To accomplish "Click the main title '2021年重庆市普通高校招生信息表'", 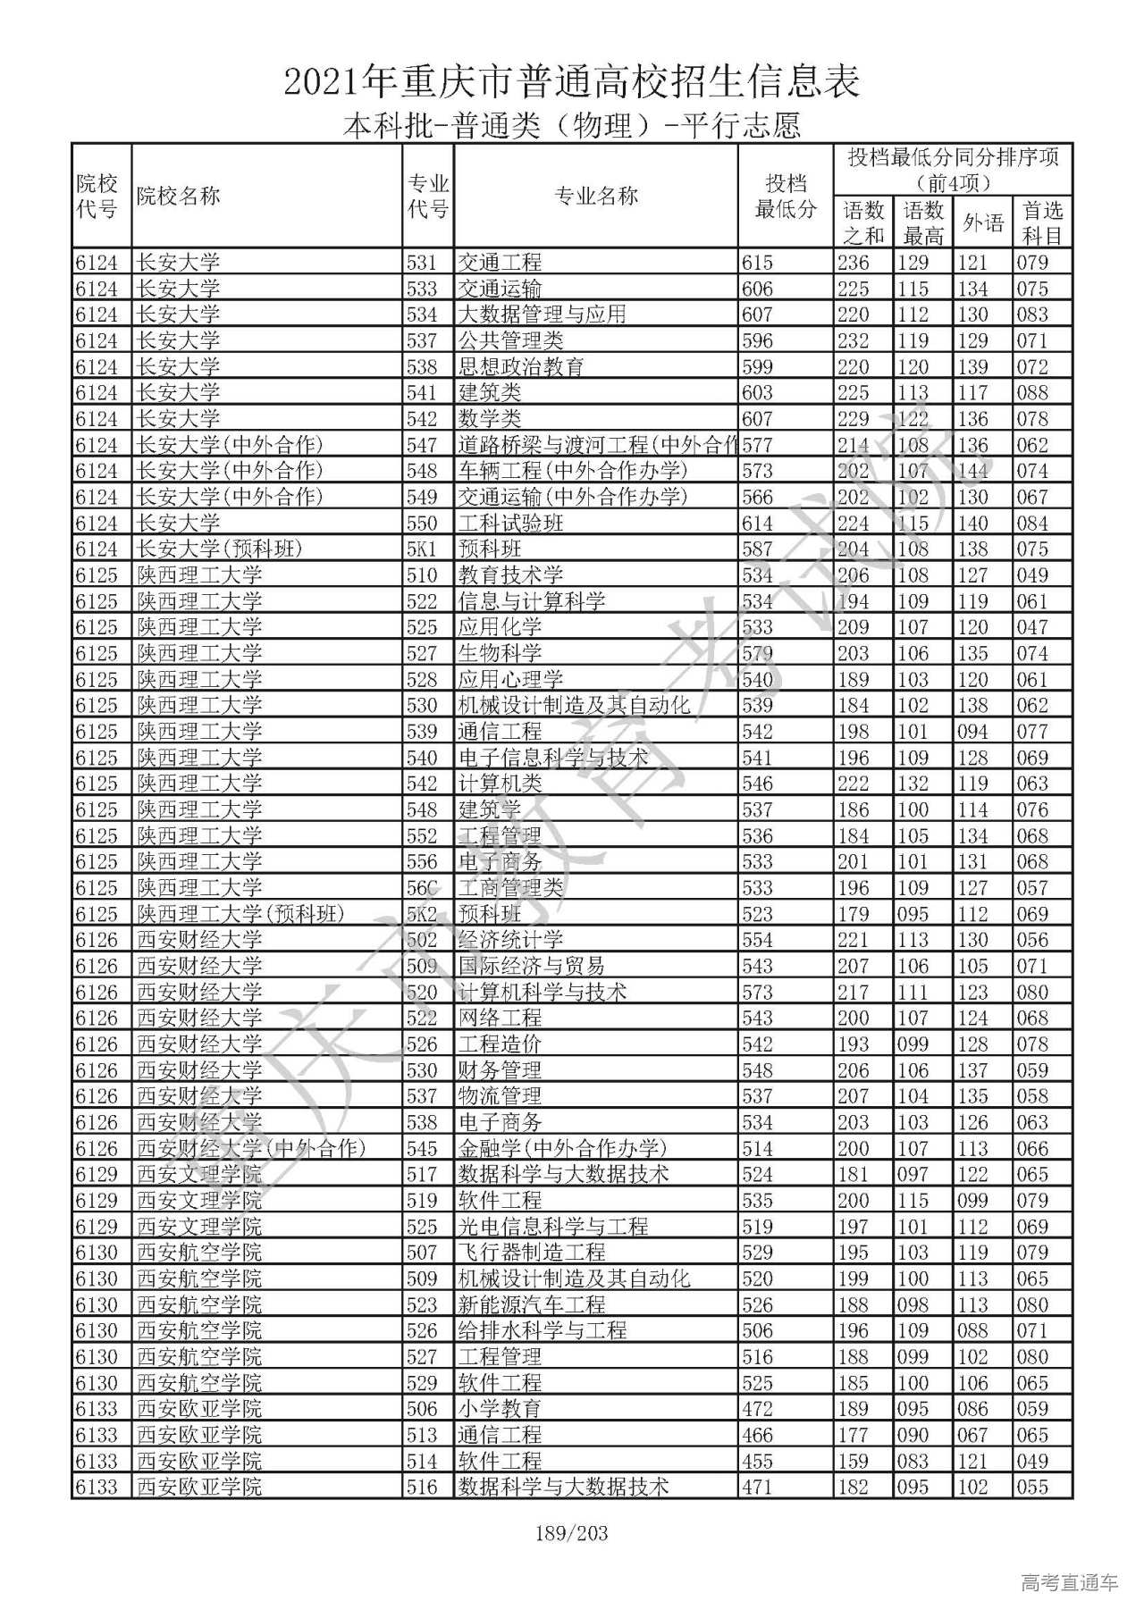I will [x=572, y=82].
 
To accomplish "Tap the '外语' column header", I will [x=982, y=222].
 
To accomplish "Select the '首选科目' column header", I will [x=1042, y=222].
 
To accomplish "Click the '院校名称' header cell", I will [x=178, y=197].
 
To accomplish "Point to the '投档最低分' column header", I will [x=786, y=197].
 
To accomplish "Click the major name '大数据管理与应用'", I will [x=542, y=314].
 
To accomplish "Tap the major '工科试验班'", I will [x=510, y=523].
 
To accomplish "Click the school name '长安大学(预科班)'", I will [x=220, y=549].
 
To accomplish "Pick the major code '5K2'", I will [x=422, y=914].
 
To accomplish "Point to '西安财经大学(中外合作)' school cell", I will [x=251, y=1148].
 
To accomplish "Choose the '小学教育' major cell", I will [x=500, y=1409].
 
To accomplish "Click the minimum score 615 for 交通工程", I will [x=757, y=263].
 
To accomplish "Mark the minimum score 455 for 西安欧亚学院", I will [x=757, y=1461].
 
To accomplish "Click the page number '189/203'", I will [x=571, y=1534].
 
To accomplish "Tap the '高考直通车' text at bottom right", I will [x=1069, y=1583].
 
